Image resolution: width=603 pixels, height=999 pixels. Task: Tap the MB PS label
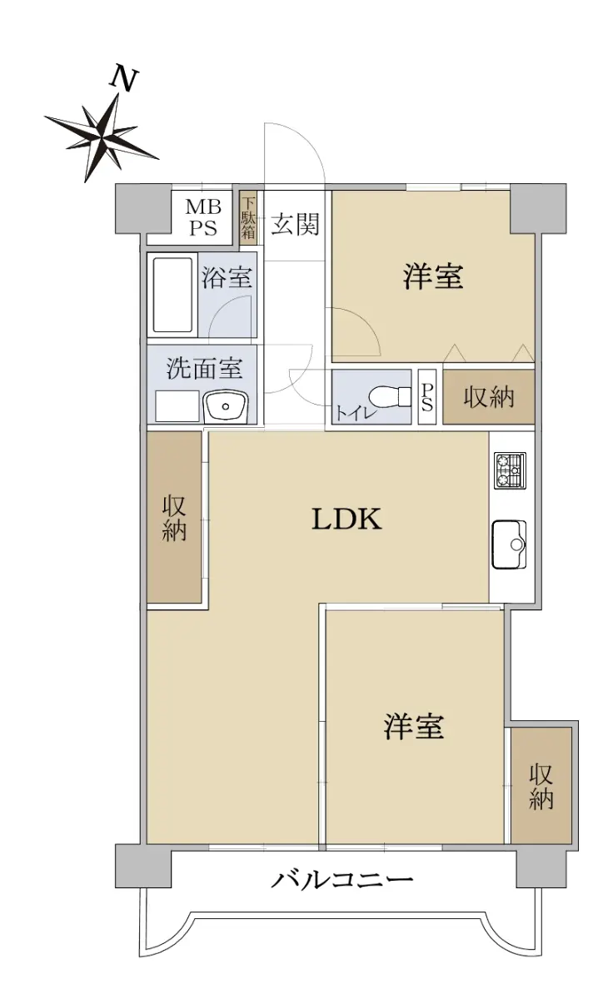203,217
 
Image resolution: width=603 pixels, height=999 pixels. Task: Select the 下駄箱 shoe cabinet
248,217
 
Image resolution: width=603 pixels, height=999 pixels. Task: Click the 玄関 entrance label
296,224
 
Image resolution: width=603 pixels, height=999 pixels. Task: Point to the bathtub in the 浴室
172,295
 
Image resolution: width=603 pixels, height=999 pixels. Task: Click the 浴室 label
227,276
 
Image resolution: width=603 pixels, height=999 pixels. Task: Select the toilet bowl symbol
390,396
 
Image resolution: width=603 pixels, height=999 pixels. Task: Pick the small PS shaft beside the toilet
427,397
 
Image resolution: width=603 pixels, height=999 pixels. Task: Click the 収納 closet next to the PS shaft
489,396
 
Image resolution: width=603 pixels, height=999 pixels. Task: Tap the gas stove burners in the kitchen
510,470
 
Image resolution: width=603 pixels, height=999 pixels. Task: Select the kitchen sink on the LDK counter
509,544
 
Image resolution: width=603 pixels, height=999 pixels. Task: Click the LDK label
346,519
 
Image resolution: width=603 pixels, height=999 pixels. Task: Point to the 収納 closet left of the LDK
175,517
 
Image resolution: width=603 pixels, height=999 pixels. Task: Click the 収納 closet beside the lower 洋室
541,786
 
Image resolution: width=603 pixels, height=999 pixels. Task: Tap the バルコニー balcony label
341,881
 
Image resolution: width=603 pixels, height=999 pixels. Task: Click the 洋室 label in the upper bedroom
433,276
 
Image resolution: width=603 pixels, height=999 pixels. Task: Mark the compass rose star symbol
102,136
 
